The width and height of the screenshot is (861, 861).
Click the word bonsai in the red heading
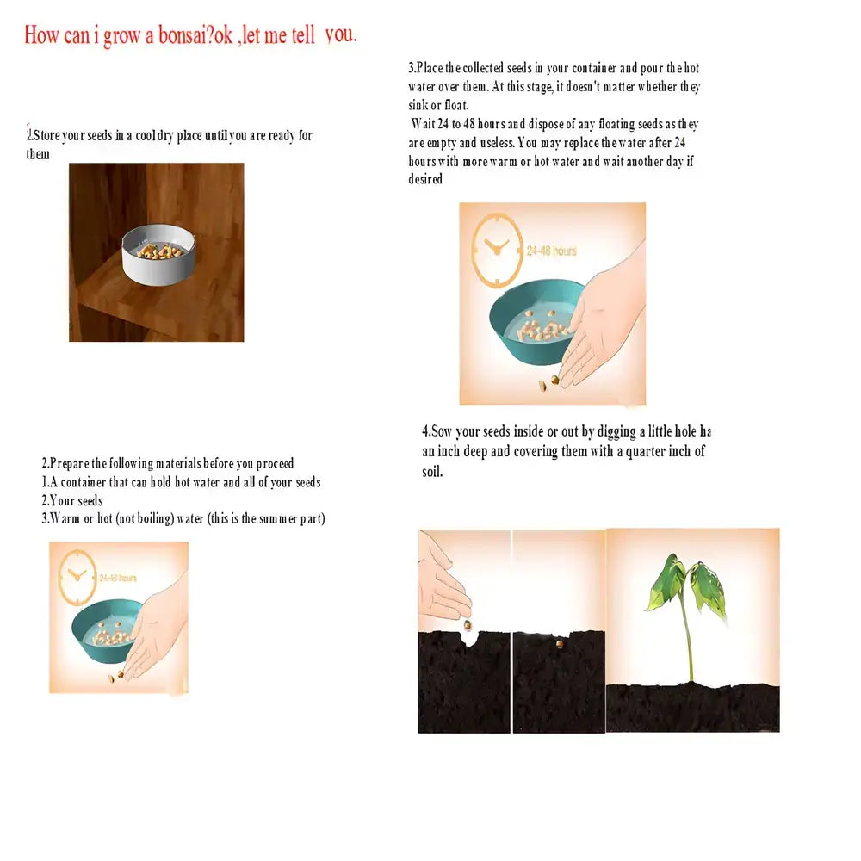coord(186,36)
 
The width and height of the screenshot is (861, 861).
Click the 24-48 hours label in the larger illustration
coord(552,251)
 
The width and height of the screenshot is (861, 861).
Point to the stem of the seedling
coord(687,641)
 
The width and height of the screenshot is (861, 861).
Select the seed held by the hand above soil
coord(468,624)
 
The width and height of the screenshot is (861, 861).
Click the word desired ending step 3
coord(425,179)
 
